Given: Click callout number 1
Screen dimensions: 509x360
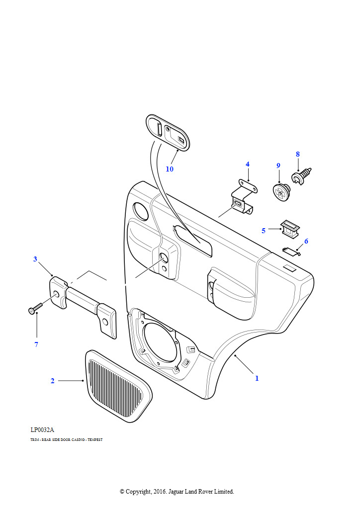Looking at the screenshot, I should pos(257,378).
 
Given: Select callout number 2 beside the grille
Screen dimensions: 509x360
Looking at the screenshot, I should pos(52,381).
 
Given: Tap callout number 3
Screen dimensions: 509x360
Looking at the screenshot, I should pos(35,259).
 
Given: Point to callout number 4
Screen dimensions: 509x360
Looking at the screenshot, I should pos(247,165).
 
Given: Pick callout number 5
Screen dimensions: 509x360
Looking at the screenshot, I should pos(264,231).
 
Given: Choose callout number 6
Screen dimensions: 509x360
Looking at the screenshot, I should pos(306,241).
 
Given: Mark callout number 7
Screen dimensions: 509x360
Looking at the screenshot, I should pos(36,344).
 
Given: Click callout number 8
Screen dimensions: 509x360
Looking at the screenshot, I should pos(298,154).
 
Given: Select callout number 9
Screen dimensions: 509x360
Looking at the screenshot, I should pos(278,166).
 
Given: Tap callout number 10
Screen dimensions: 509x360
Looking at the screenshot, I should pos(170,169).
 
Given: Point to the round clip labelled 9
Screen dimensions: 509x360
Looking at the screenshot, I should pos(281,191).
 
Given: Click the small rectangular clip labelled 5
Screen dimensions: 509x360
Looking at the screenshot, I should pos(289,228).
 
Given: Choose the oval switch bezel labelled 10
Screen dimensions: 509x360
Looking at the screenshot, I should pos(168,131).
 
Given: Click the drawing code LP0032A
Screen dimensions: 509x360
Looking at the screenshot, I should pos(42,429).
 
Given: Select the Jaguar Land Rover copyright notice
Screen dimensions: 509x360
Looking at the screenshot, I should pos(177,491).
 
